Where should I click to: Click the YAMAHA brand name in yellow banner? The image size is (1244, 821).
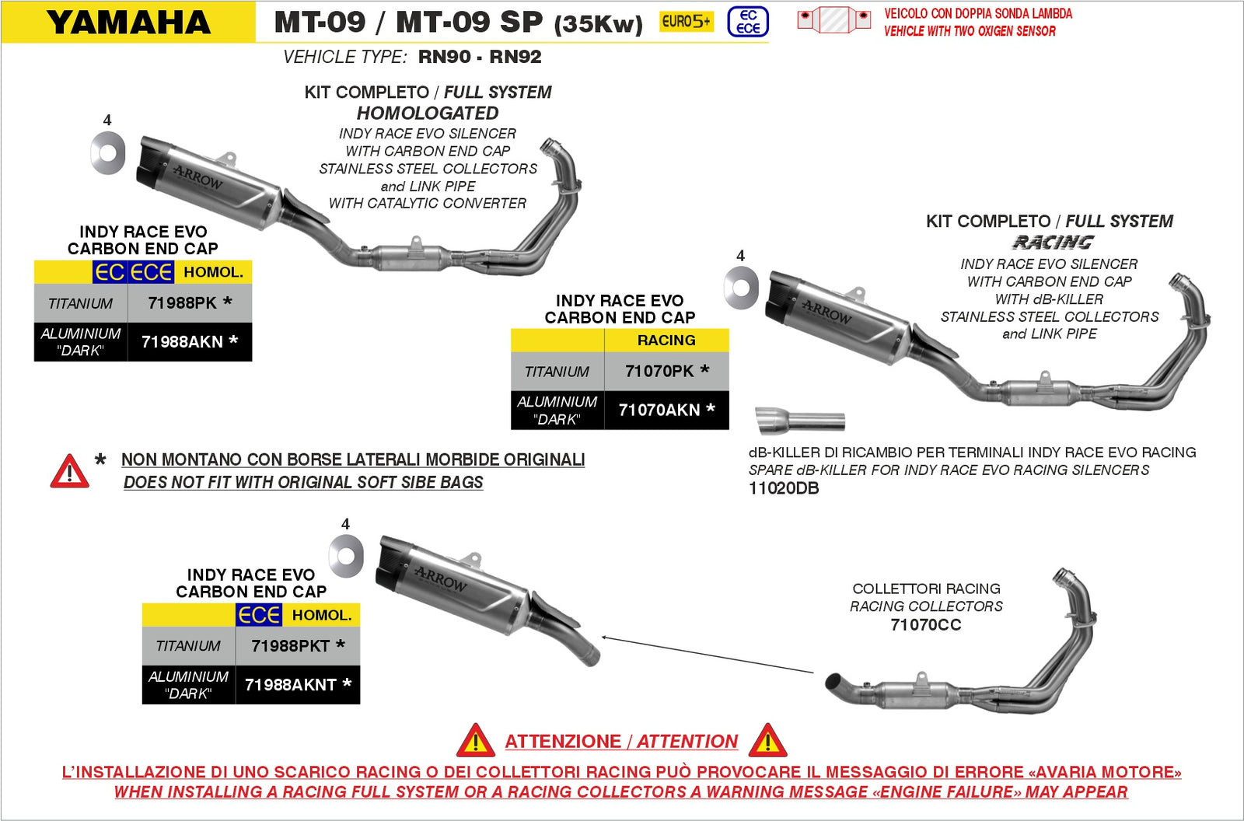pos(128,22)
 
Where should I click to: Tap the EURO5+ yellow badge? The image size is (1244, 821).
pos(686,22)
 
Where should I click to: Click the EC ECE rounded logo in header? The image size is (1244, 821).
pos(747,22)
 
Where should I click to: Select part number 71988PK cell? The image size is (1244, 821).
pos(189,303)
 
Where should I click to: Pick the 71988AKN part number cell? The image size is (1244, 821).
pos(189,341)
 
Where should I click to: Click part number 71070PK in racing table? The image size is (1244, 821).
pos(666,372)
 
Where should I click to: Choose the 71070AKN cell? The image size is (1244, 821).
pos(666,410)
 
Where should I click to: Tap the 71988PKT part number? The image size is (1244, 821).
pos(297,646)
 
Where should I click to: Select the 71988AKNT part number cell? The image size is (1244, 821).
pos(297,685)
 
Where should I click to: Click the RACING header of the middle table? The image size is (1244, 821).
pos(666,341)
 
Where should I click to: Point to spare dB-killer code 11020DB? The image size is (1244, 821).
pos(783,488)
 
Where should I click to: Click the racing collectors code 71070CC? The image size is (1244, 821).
pos(925,625)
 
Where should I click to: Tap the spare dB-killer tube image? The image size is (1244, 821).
pos(800,421)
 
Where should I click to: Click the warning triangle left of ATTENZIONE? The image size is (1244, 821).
pos(476,741)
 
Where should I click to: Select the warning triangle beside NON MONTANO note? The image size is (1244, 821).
pos(69,471)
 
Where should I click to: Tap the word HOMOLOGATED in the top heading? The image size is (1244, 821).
pos(428,114)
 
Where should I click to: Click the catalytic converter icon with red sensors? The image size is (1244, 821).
pos(833,19)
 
